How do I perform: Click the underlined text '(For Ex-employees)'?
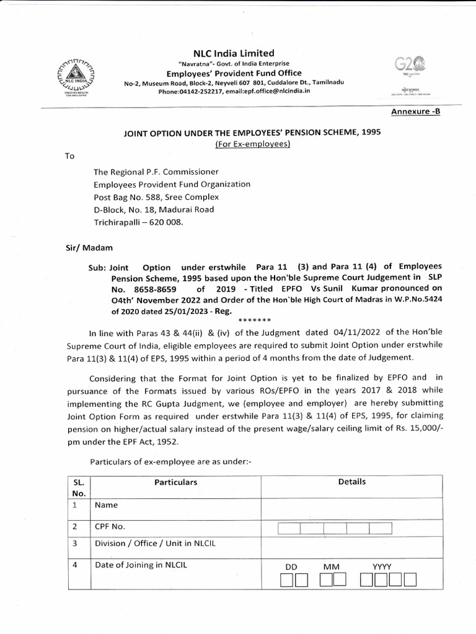click(252, 144)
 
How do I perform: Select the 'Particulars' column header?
click(176, 482)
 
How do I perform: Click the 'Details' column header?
click(351, 482)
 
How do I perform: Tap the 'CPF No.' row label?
click(111, 527)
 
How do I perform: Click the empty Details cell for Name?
click(351, 506)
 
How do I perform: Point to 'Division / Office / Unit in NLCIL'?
click(156, 544)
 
